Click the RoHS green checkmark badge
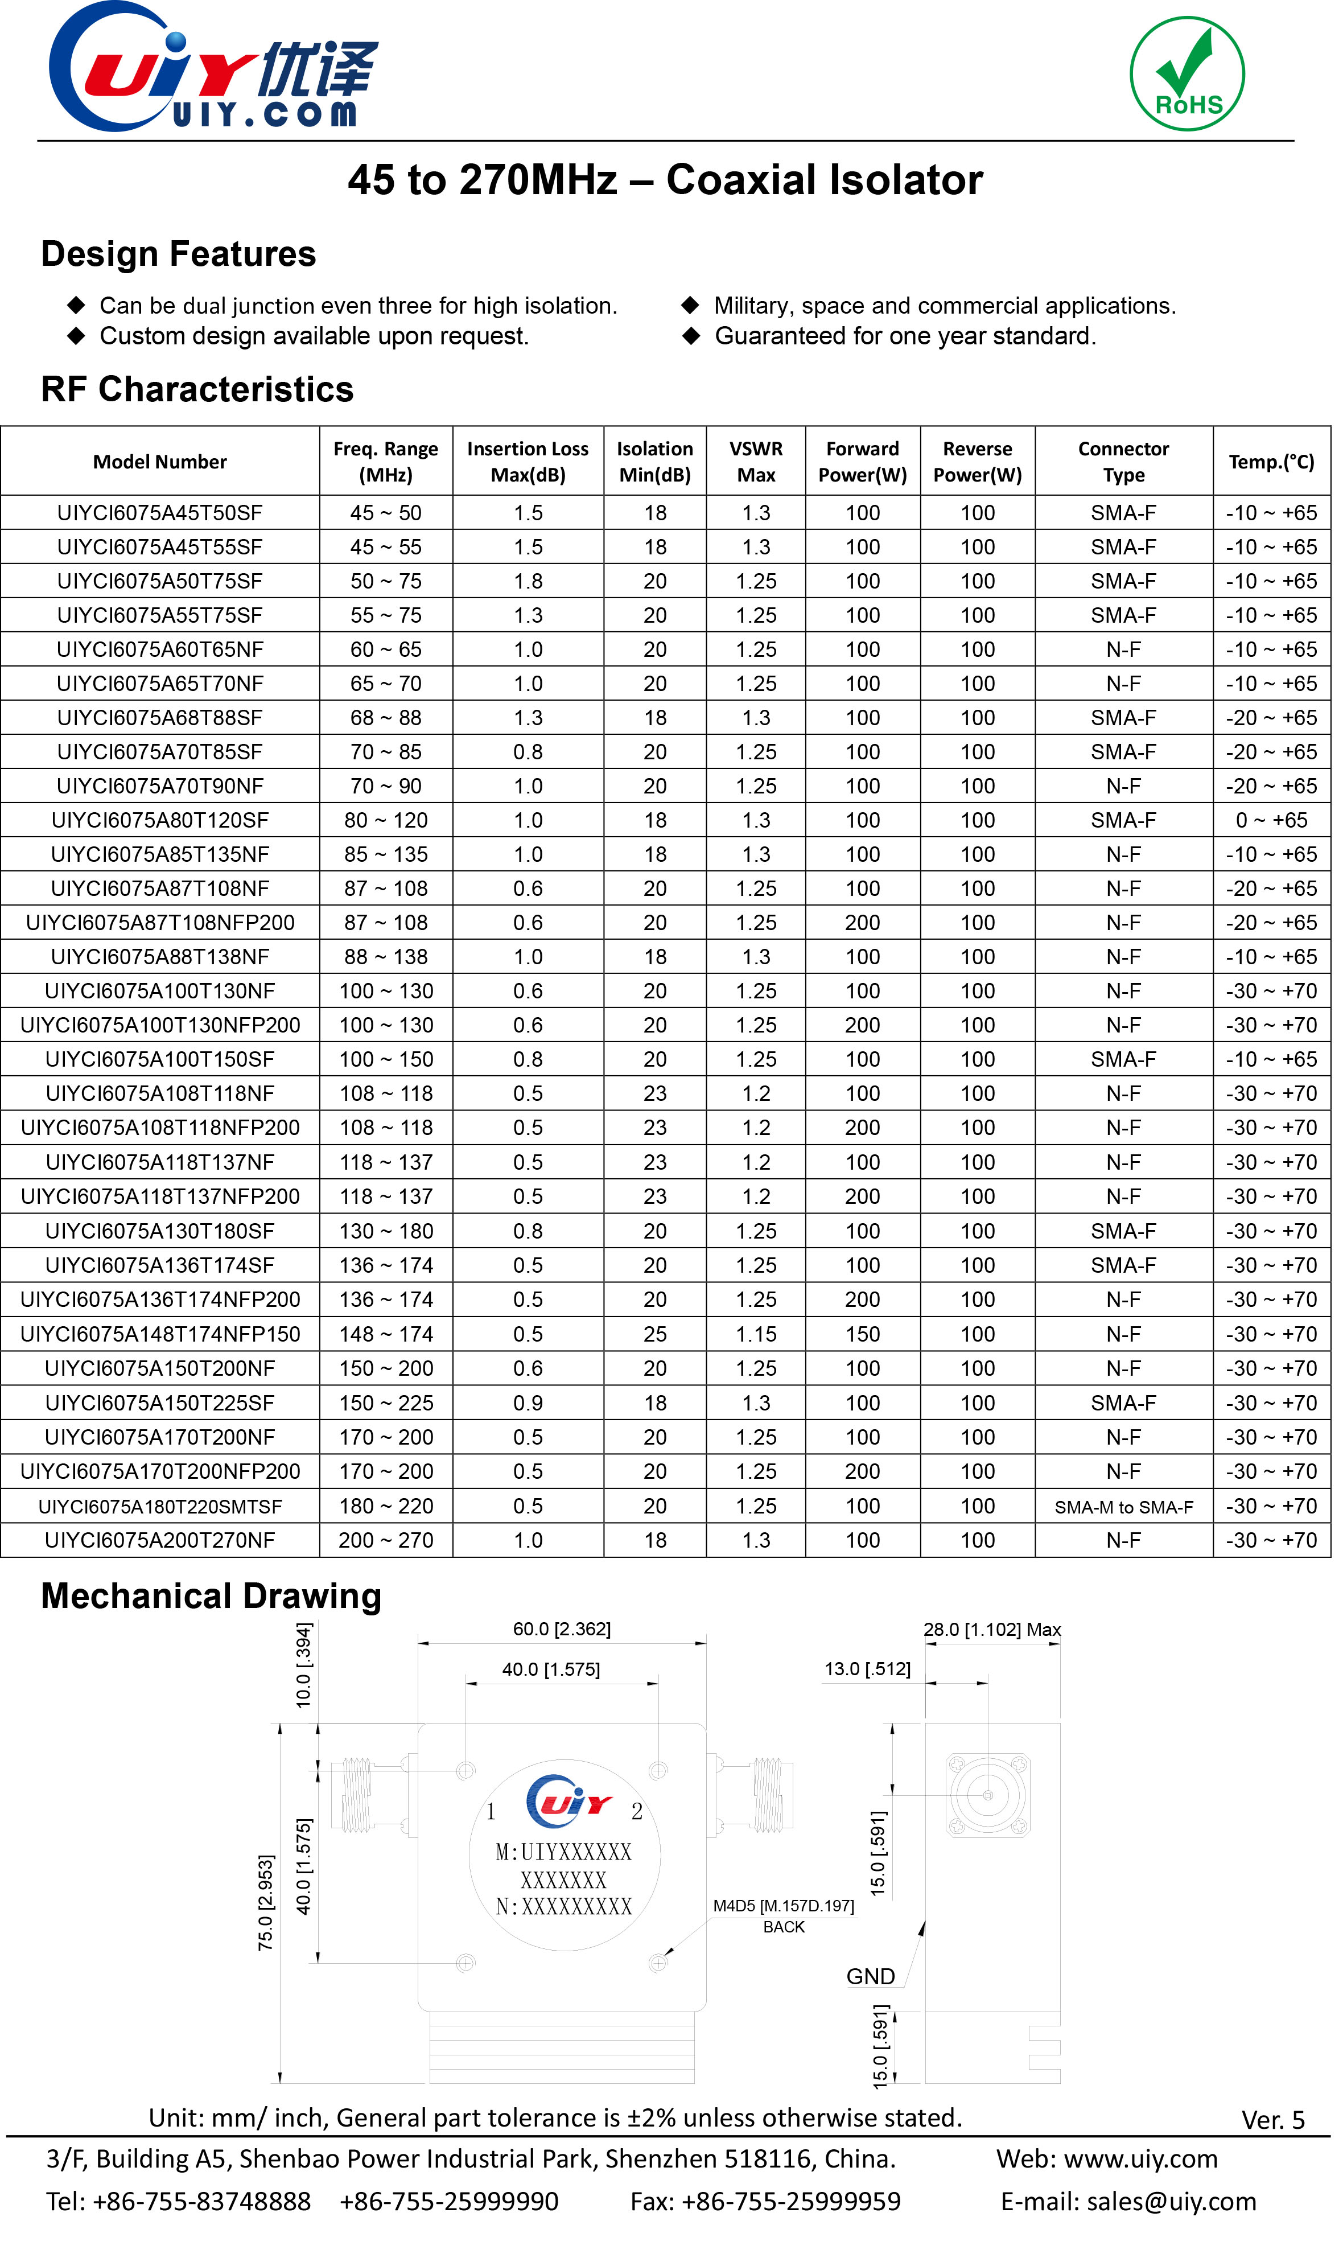point(1187,74)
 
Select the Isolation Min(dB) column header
point(654,462)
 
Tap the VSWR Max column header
point(756,462)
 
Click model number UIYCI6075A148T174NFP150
point(159,1334)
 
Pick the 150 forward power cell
point(863,1334)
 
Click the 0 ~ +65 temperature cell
point(1271,820)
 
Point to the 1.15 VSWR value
point(756,1334)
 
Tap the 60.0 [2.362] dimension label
point(562,1629)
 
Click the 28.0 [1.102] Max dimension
point(992,1629)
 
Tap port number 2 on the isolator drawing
point(637,1811)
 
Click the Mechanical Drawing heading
point(211,1596)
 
